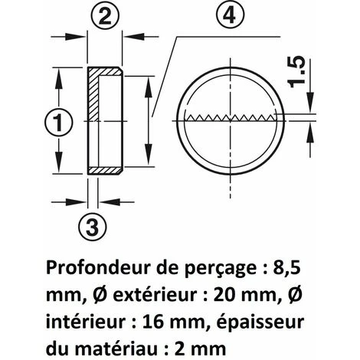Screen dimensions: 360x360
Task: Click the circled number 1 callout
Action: tap(59, 123)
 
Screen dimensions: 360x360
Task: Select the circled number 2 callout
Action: tap(105, 17)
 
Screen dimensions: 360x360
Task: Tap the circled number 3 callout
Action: tap(92, 227)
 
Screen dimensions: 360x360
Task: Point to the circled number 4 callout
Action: tap(230, 16)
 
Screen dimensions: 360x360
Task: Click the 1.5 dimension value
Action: tap(296, 71)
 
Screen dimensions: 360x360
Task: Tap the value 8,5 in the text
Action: tap(286, 269)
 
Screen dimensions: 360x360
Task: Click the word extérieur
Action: tap(155, 295)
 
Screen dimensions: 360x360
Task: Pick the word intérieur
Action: tap(87, 322)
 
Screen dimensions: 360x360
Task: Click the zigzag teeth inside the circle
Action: tap(231, 117)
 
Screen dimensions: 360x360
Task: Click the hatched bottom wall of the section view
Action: tap(105, 171)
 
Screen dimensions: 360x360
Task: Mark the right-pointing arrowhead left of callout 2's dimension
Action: tap(75, 37)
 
